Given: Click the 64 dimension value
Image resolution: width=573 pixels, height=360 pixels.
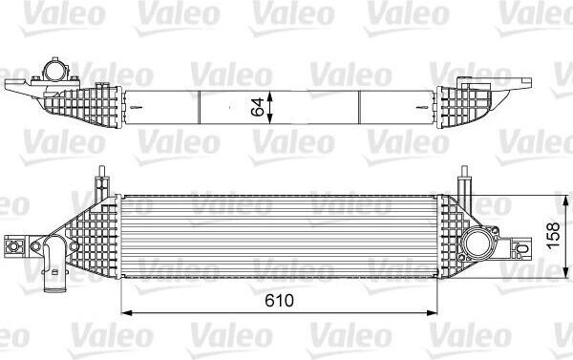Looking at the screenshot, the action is click(259, 107).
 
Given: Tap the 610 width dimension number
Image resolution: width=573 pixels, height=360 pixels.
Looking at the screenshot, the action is click(279, 301).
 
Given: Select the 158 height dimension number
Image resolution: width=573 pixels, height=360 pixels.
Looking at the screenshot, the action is click(554, 235).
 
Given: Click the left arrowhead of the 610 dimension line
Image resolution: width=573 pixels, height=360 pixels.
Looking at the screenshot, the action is click(126, 312).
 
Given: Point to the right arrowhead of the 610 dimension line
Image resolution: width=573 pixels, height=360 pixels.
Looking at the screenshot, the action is click(432, 312).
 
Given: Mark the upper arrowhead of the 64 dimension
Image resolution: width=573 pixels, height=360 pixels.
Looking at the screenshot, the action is click(269, 96).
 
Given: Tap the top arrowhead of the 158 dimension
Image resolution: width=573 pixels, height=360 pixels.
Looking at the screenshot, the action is click(566, 201).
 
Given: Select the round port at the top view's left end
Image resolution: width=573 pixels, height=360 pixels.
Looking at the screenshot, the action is click(54, 70).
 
